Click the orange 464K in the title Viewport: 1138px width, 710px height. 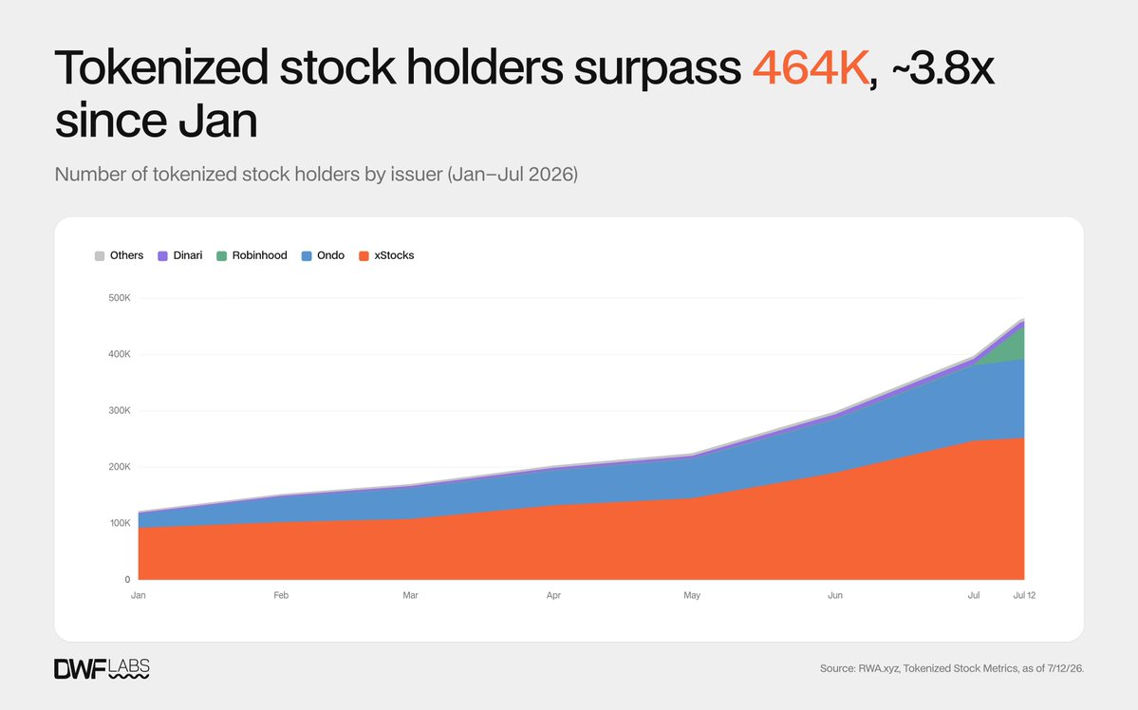(810, 67)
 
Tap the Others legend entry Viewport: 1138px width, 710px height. (119, 255)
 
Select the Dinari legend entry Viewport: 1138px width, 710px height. (180, 255)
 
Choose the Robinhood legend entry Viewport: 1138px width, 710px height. (252, 255)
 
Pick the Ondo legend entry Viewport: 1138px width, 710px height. (323, 255)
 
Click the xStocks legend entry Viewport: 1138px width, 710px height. (387, 255)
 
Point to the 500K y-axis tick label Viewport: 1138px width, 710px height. (120, 298)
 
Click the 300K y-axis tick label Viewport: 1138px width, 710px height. (120, 410)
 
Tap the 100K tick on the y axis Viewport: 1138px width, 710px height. (120, 523)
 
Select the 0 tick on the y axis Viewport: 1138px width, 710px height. (128, 579)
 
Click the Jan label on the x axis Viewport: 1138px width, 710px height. (138, 595)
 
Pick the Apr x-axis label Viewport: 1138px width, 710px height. (553, 595)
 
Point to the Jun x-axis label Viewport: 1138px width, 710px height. (835, 595)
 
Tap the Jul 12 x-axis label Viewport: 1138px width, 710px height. (1024, 595)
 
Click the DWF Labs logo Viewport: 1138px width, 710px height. (102, 668)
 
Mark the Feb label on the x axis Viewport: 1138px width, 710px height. (281, 595)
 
